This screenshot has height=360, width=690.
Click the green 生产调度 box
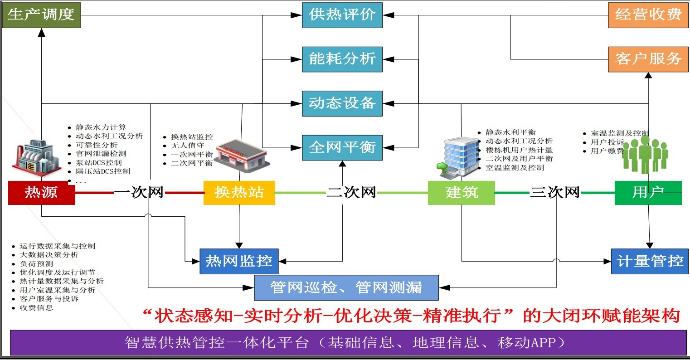(41, 15)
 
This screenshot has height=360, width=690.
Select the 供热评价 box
(342, 15)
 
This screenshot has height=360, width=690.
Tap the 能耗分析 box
(342, 59)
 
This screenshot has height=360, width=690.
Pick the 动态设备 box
(342, 103)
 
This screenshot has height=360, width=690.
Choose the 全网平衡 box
(342, 147)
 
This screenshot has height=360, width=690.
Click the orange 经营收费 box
(648, 15)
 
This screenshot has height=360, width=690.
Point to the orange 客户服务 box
(648, 59)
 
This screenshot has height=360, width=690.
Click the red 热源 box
(41, 193)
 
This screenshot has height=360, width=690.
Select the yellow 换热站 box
(239, 193)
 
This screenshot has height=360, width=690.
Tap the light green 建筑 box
(461, 193)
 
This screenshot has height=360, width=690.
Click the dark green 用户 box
(648, 193)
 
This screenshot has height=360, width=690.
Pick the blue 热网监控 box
(239, 261)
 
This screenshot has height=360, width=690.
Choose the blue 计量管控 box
(650, 261)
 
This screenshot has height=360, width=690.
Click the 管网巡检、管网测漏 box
(346, 287)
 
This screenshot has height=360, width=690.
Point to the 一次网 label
(139, 192)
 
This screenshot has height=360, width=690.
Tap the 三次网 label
(555, 192)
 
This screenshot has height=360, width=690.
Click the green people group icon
(645, 155)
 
